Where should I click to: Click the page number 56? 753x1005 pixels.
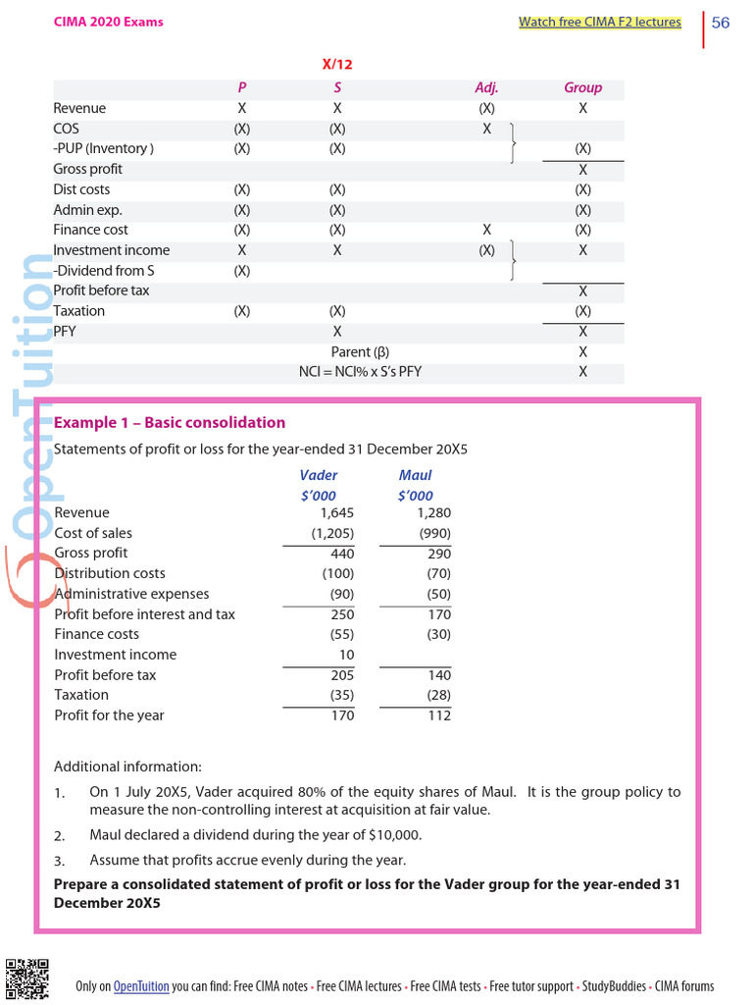click(x=720, y=23)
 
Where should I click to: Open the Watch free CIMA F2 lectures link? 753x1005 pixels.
click(x=599, y=22)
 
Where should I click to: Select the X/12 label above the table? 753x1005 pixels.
click(x=337, y=64)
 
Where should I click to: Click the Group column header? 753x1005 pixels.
click(x=582, y=87)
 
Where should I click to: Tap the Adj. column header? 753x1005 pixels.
click(x=486, y=87)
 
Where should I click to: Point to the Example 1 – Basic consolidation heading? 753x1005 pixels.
click(x=169, y=423)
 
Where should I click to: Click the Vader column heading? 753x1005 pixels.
click(x=318, y=475)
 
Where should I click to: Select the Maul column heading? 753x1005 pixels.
click(x=415, y=475)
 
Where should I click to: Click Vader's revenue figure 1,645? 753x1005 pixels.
click(x=336, y=512)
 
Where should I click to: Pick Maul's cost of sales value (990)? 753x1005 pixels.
click(x=434, y=533)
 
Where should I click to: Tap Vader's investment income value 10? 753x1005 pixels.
click(x=346, y=655)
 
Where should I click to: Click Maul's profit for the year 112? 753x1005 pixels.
click(x=438, y=715)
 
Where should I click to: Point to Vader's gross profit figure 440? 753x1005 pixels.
click(x=341, y=554)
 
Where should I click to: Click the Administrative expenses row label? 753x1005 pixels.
click(x=131, y=594)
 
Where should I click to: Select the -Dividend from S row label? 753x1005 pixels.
click(x=103, y=270)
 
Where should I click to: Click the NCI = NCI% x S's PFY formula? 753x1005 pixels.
click(x=360, y=371)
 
